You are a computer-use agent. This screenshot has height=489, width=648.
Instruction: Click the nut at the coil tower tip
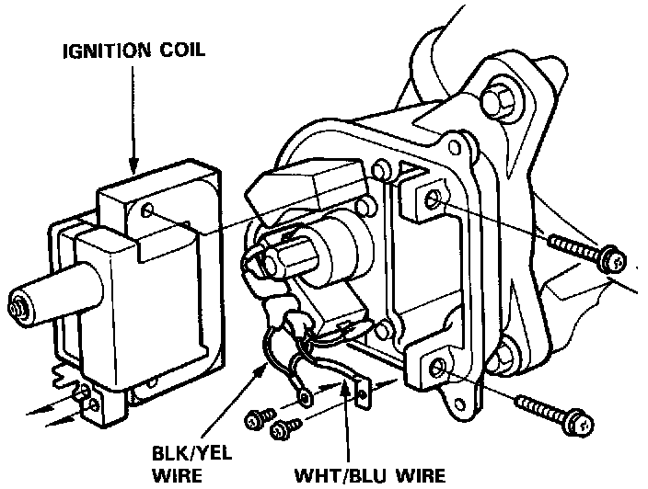point(16,304)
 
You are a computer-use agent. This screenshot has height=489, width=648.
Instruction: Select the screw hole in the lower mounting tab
point(438,369)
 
